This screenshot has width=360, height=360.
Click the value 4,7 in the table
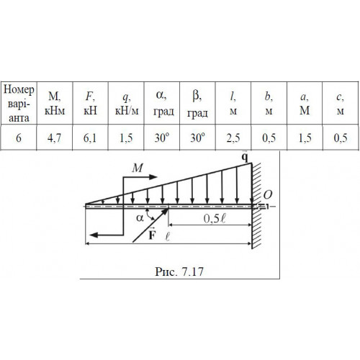point(54,138)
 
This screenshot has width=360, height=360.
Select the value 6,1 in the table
point(90,138)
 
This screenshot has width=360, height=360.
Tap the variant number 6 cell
point(19,138)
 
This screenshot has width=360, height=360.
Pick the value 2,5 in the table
point(233,138)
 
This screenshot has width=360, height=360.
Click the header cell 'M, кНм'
point(55,104)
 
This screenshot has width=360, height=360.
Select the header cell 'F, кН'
point(90,104)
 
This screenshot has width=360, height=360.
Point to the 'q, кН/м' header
point(127,104)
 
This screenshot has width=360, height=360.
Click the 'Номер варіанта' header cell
point(19,104)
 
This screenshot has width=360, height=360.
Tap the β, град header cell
point(197,104)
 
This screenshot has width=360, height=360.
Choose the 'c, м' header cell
point(341,104)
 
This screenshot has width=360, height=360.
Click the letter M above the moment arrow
point(138,168)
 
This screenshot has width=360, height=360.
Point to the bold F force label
point(152,235)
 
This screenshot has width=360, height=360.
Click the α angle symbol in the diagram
point(140,218)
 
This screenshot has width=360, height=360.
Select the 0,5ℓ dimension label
point(215,218)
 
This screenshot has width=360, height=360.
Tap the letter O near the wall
point(268,195)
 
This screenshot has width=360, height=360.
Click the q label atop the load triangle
point(245,157)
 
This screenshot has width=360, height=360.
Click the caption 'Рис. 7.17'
point(179,271)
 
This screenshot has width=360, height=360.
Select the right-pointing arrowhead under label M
point(153,177)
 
